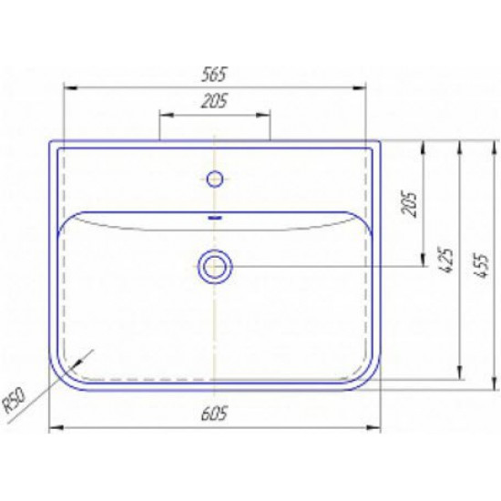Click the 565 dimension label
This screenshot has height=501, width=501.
[x=214, y=75]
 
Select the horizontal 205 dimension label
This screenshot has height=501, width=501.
[x=214, y=101]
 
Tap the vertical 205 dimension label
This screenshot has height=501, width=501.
[x=409, y=204]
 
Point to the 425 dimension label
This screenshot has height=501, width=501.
[x=445, y=260]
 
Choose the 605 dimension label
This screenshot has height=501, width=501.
[x=214, y=414]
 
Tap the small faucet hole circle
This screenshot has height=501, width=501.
[x=214, y=179]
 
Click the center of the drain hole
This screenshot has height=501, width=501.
[x=214, y=267]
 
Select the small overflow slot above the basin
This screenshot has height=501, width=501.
[x=215, y=218]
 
